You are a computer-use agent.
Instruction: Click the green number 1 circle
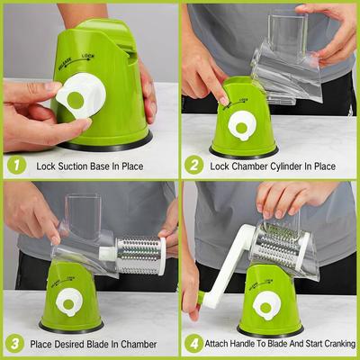(14, 166)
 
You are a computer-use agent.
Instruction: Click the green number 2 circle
(194, 166)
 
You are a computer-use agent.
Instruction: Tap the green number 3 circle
(14, 344)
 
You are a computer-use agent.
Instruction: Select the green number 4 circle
(194, 344)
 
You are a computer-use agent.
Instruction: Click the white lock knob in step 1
(71, 102)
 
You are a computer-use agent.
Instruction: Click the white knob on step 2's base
(240, 124)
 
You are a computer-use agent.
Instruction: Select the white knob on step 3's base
(67, 303)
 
